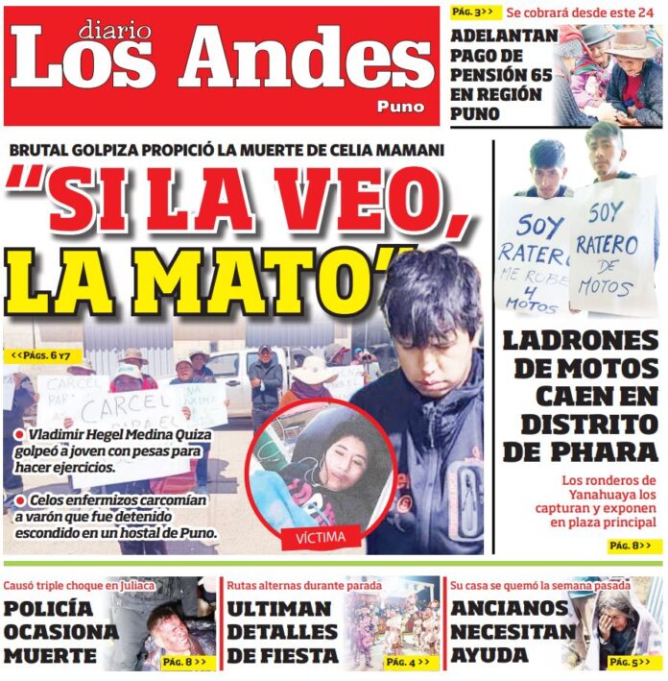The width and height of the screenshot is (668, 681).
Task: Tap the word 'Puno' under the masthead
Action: (x=400, y=107)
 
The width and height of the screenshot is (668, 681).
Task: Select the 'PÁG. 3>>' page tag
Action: (x=473, y=12)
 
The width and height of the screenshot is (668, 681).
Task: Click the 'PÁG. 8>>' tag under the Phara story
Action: (x=634, y=546)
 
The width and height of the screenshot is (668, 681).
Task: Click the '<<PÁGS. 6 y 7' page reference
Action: (x=40, y=356)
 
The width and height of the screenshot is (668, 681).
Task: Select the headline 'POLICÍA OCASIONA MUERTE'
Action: (x=62, y=632)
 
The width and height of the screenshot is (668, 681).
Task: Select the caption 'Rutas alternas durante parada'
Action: (x=304, y=585)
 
